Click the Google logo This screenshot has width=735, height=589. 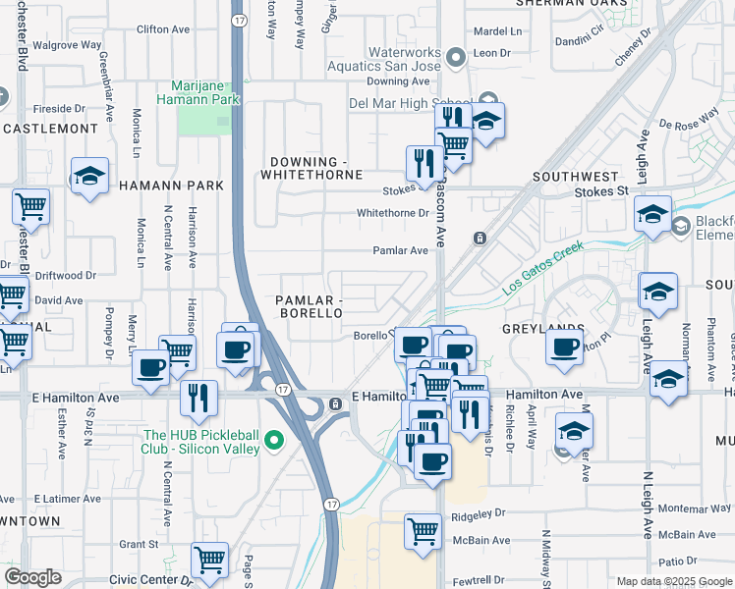tap(32, 577)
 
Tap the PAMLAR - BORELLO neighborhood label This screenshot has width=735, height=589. tap(309, 305)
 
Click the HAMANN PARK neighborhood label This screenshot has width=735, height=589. tap(171, 185)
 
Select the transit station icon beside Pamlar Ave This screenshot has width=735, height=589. tap(481, 238)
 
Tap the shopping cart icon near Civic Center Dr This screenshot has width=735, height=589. tap(209, 561)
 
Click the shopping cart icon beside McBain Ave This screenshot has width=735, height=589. tap(423, 531)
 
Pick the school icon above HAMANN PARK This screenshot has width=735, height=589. tap(89, 176)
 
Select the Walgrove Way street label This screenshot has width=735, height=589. tap(67, 45)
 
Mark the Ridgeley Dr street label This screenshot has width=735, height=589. tap(478, 513)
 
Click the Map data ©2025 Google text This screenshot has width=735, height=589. tap(674, 581)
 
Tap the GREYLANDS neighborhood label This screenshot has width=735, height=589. tap(543, 328)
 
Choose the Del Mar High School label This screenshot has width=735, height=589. tap(410, 102)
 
